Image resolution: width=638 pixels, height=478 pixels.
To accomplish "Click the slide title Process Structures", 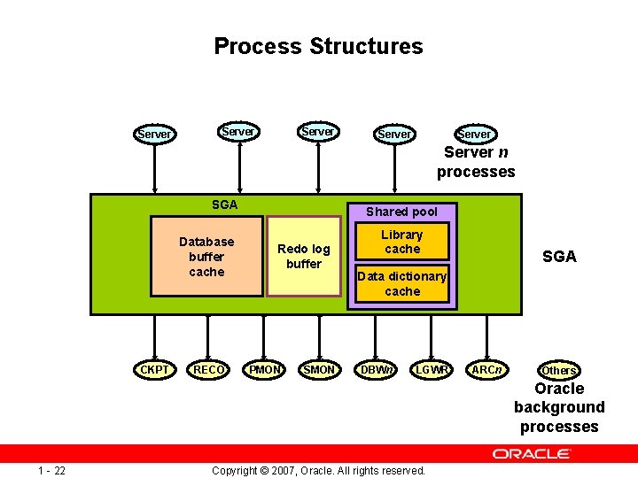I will click(x=318, y=46).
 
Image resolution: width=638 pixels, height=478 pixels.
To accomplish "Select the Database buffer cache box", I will click(x=206, y=257).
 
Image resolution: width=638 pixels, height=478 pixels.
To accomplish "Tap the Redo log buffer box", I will click(x=304, y=257).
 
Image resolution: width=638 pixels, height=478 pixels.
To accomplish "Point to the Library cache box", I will click(x=402, y=242).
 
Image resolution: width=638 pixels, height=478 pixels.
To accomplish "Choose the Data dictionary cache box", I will click(x=402, y=283).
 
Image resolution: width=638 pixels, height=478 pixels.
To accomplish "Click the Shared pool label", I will click(x=401, y=212).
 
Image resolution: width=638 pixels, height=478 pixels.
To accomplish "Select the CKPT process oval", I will click(x=155, y=369).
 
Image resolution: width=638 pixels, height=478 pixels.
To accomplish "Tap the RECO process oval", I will click(x=208, y=369).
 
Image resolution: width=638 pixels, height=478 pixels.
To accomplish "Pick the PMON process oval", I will click(x=265, y=369).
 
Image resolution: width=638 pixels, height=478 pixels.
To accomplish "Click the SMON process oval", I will click(x=319, y=369).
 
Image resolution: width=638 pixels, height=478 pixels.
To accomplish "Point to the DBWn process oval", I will click(x=377, y=369).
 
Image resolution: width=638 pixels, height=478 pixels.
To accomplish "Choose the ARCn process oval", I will click(x=486, y=369).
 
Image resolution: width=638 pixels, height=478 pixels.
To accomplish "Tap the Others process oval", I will click(x=559, y=370).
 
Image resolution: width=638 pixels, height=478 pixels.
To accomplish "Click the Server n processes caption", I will click(x=476, y=162).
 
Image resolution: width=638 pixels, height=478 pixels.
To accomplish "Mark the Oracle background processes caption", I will click(x=559, y=407).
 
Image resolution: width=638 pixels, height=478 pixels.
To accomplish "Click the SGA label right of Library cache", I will click(x=559, y=257).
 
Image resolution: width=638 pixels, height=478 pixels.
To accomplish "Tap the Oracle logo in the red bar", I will click(x=532, y=453).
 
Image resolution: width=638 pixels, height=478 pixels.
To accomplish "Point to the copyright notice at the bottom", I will click(x=319, y=470).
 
